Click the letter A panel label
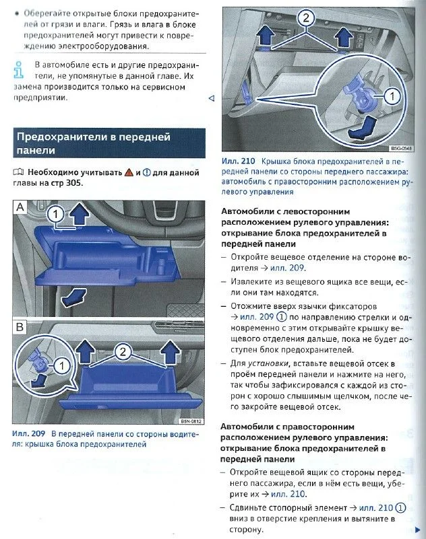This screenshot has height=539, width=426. click(x=21, y=208)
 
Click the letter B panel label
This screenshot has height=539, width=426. click(x=21, y=328)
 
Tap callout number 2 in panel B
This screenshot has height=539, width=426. click(x=123, y=351)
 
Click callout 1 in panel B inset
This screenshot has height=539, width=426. click(x=61, y=365)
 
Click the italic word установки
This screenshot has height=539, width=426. click(x=276, y=364)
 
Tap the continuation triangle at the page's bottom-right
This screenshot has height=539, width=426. click(x=421, y=529)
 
